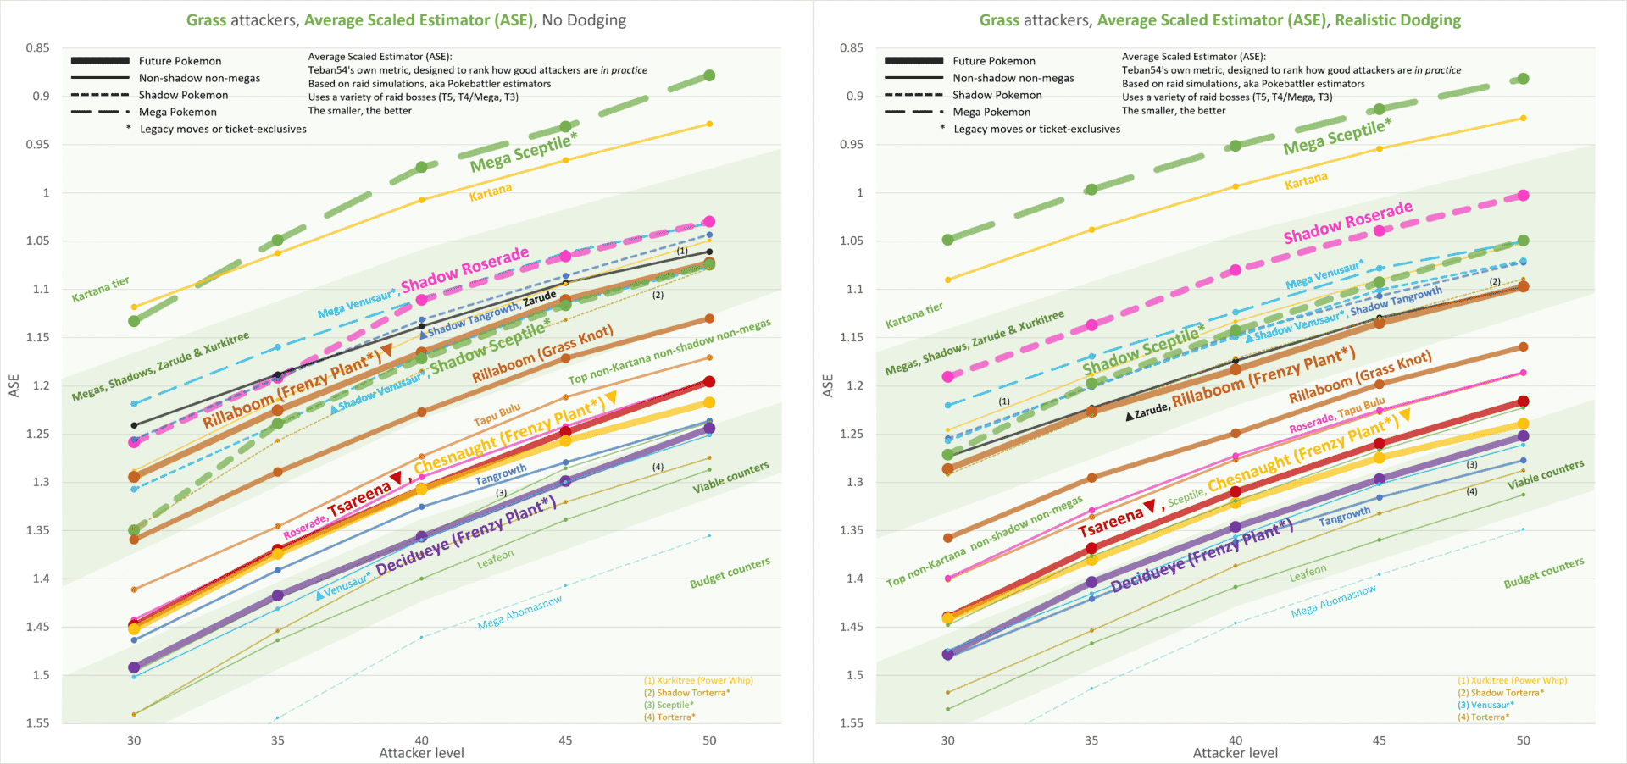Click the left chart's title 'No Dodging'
pyautogui.click(x=584, y=20)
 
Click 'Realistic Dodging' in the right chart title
pyautogui.click(x=1397, y=20)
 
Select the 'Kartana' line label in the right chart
pyautogui.click(x=1306, y=180)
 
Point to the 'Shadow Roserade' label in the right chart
pyautogui.click(x=1347, y=222)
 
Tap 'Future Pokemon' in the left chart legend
pyautogui.click(x=180, y=61)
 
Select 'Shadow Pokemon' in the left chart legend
pyautogui.click(x=183, y=95)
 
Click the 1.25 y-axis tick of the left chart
pyautogui.click(x=37, y=434)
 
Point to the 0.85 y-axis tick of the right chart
pyautogui.click(x=851, y=48)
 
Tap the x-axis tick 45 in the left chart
pyautogui.click(x=565, y=740)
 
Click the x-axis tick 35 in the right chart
pyautogui.click(x=1091, y=740)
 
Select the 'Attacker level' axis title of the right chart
pyautogui.click(x=1235, y=753)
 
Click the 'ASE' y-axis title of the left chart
pyautogui.click(x=14, y=385)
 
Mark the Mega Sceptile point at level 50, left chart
pyautogui.click(x=709, y=76)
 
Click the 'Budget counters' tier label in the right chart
pyautogui.click(x=1543, y=573)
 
